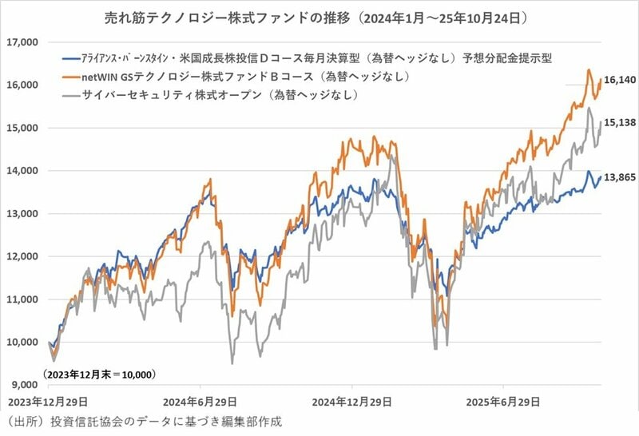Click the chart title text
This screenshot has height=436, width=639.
(319, 16)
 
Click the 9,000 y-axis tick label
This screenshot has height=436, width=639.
(23, 386)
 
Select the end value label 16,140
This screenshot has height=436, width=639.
(620, 81)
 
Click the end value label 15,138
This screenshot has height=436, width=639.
(620, 124)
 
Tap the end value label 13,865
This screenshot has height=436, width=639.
(620, 177)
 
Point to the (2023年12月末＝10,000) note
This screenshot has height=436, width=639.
(98, 374)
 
